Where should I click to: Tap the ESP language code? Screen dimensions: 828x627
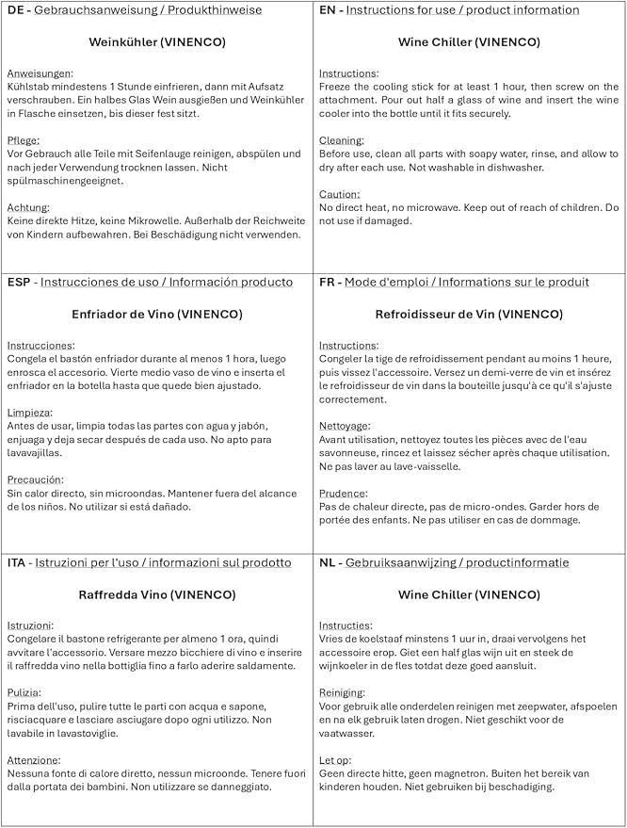(20, 282)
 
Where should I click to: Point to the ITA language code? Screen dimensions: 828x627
(18, 562)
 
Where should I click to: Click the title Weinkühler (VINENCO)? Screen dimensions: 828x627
(156, 42)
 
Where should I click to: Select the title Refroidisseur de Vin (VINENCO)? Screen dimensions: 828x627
(469, 314)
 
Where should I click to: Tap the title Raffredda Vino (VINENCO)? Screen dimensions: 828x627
(156, 594)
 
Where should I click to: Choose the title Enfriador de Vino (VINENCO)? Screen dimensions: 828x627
(156, 314)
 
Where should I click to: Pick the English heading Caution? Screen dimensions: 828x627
(340, 194)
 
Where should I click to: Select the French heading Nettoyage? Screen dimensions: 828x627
(345, 426)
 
